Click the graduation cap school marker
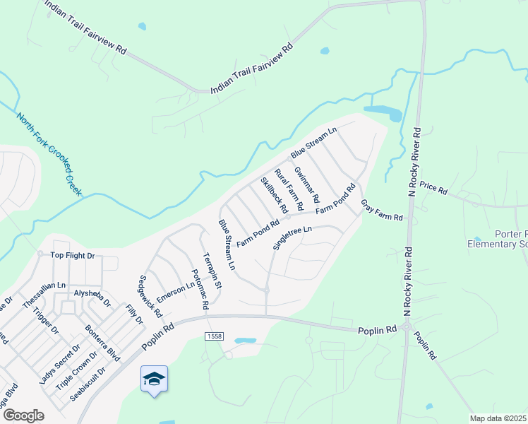pos(155,379)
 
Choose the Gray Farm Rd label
pos(381,209)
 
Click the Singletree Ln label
pos(292,238)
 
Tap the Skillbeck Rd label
pos(274,196)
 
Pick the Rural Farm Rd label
pos(289,189)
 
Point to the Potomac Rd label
pos(199,289)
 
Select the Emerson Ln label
pos(175,293)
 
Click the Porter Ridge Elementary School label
pos(498,240)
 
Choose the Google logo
pos(23,416)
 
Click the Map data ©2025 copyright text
pos(498,418)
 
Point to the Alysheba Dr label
pos(92,297)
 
